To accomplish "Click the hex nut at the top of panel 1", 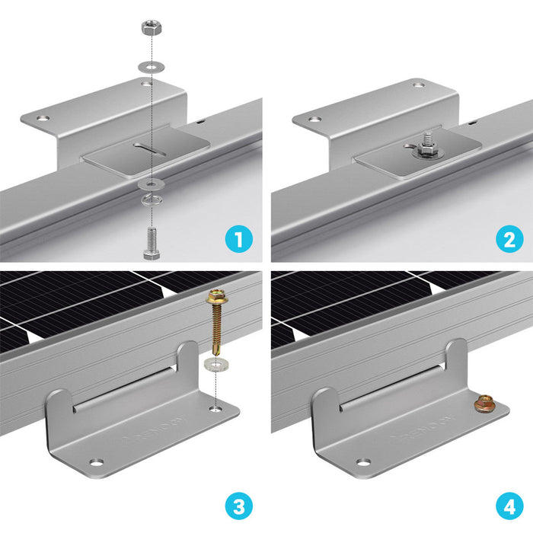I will click(150, 28).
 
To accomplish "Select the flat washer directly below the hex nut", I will click(150, 65).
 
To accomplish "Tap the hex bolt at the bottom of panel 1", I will click(150, 243).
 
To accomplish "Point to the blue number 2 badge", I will click(508, 241).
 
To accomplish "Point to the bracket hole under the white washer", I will click(218, 409).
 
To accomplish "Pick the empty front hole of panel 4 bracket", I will click(364, 462).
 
